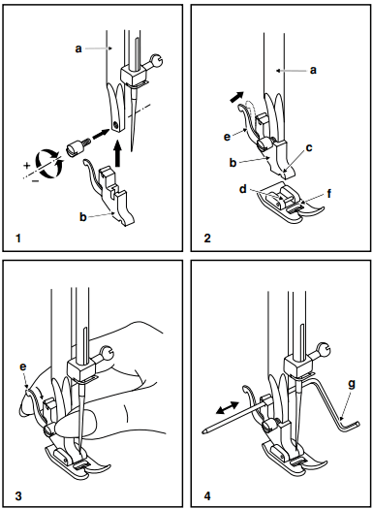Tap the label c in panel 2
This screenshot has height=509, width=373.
[x=309, y=146]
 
